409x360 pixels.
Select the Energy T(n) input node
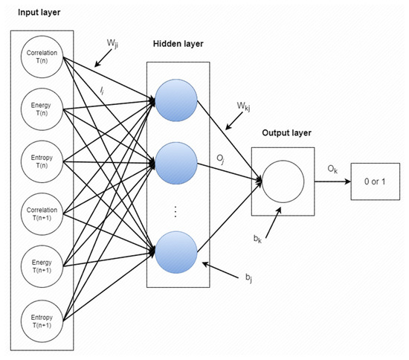point(40,109)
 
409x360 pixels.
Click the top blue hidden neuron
point(176,100)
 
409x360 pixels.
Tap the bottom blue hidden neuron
point(176,251)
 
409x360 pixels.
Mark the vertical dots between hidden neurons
point(175,210)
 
